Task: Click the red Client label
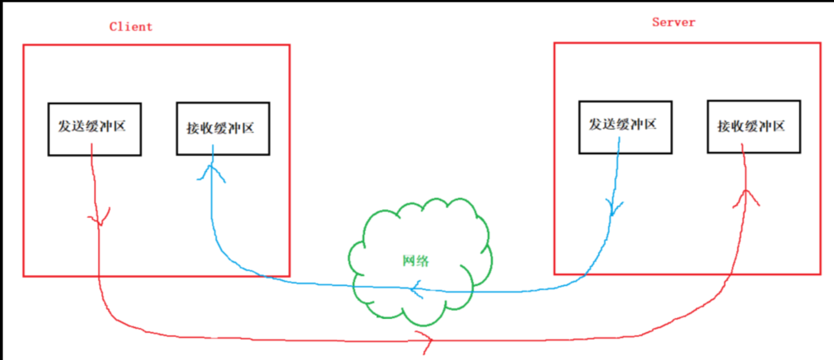coord(131,27)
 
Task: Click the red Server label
coord(673,22)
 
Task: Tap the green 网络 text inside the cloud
coord(416,261)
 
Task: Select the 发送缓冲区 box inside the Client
coord(94,129)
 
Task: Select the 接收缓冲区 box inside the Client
coord(223,129)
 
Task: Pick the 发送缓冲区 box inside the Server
coord(625,127)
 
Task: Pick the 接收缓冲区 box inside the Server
coord(754,127)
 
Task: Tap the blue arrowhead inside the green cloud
coord(416,289)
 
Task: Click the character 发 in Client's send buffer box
coord(64,126)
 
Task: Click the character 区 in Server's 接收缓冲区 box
coord(778,126)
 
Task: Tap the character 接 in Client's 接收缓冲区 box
coord(193,129)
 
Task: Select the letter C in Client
coord(113,27)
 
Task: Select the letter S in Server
coord(656,22)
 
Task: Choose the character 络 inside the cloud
coord(422,261)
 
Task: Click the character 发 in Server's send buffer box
coord(595,124)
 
